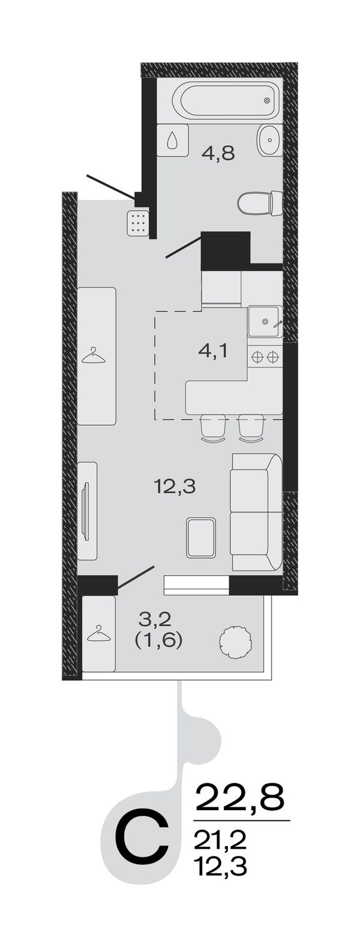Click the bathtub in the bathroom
[x=227, y=101]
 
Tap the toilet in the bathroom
[x=260, y=204]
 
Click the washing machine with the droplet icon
[x=173, y=140]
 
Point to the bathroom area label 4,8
[x=218, y=151]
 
